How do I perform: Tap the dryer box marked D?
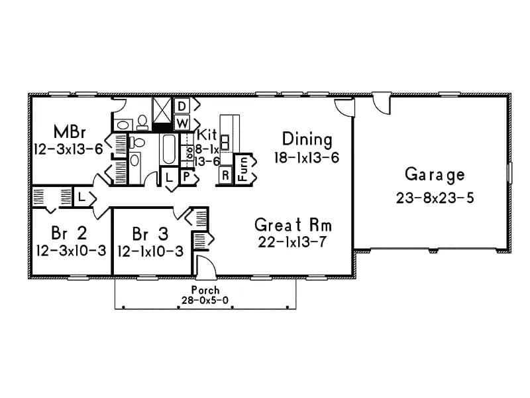click(182, 106)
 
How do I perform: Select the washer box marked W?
click(182, 123)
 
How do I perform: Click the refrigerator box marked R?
click(225, 176)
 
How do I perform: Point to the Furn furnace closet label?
click(244, 169)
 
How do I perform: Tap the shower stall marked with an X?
click(162, 109)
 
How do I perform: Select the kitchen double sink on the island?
click(225, 143)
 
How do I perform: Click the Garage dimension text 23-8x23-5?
click(434, 197)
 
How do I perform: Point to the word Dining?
click(307, 139)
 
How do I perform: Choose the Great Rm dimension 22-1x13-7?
click(293, 241)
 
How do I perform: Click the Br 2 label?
click(68, 233)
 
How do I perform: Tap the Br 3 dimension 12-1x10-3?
click(151, 251)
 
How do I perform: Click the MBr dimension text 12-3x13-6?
click(68, 149)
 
